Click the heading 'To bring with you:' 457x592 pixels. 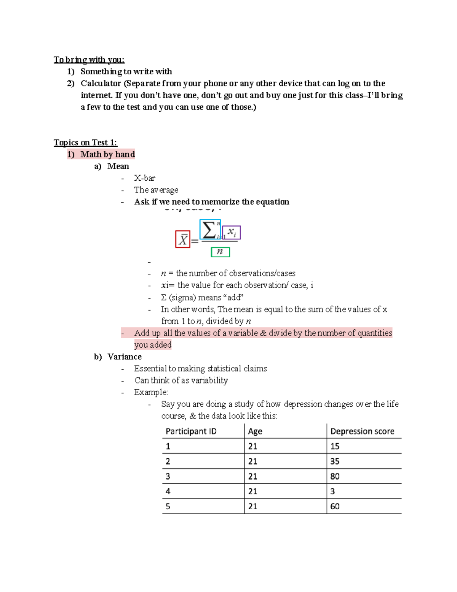click(89, 60)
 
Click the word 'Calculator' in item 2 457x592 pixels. click(101, 83)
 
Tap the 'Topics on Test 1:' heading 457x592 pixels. click(85, 143)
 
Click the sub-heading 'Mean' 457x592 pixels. click(118, 166)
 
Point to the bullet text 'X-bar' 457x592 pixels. click(145, 178)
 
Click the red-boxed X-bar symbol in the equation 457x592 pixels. click(183, 239)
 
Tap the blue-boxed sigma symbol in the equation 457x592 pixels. click(210, 230)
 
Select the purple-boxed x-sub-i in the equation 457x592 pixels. click(232, 233)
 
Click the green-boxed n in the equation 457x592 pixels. click(220, 252)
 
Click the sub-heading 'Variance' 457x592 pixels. click(125, 357)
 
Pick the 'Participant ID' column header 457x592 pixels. click(191, 431)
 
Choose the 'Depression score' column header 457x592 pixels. click(362, 431)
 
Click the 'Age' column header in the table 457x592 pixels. click(255, 431)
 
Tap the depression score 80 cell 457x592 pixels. click(335, 476)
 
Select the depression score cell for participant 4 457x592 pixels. click(332, 491)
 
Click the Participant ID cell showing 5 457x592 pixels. click(168, 507)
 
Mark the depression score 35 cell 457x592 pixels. click(335, 461)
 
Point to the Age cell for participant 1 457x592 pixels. click(253, 446)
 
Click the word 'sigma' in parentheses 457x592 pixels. click(182, 298)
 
